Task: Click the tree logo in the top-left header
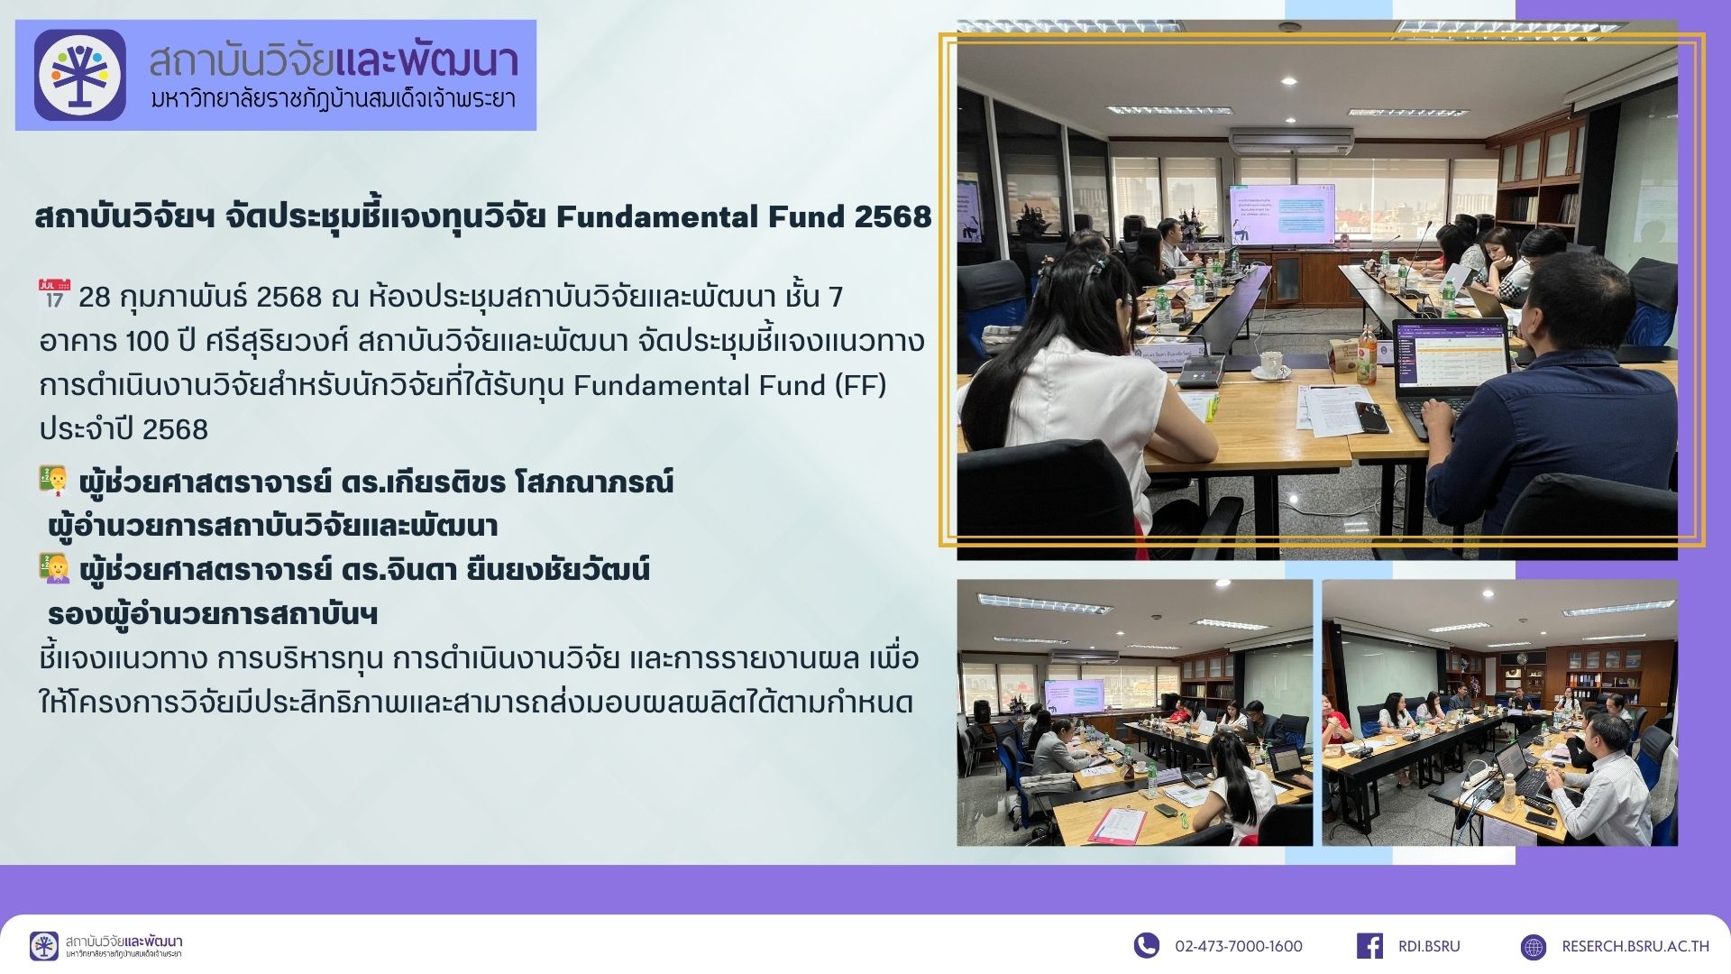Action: click(x=79, y=75)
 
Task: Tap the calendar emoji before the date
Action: click(x=53, y=295)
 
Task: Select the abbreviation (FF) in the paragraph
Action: click(x=860, y=385)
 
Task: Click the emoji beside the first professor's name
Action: click(x=54, y=481)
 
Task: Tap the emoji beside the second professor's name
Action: click(x=54, y=569)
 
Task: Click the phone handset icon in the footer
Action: click(x=1146, y=945)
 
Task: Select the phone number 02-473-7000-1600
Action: click(x=1238, y=946)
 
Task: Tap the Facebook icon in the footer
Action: click(x=1369, y=945)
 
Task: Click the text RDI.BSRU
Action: click(x=1429, y=946)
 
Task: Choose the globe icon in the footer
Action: click(x=1533, y=946)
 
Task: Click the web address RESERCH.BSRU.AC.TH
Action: click(x=1635, y=946)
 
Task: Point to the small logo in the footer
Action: click(x=43, y=946)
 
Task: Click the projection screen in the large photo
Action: click(x=1282, y=214)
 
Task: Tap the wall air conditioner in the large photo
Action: click(x=1291, y=141)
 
